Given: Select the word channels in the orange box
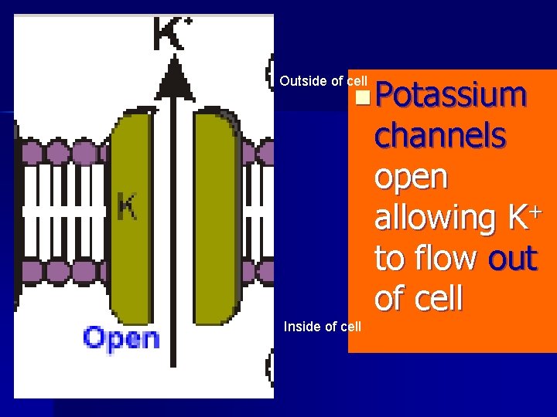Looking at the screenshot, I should tap(439, 137).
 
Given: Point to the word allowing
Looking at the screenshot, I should tap(433, 219).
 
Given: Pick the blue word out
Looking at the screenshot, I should tap(512, 259).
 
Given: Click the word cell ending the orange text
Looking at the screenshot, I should tap(439, 298).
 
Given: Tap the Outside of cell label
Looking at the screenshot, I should tap(323, 81).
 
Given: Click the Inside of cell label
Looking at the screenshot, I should tap(322, 326).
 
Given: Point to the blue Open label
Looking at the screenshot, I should tap(121, 338).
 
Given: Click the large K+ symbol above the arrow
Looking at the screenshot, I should tap(172, 35).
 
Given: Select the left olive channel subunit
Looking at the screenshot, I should tap(132, 216).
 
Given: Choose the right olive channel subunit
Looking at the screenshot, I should tap(217, 216).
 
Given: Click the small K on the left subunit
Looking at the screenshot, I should tap(128, 206).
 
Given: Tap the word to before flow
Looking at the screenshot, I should tap(392, 259).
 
